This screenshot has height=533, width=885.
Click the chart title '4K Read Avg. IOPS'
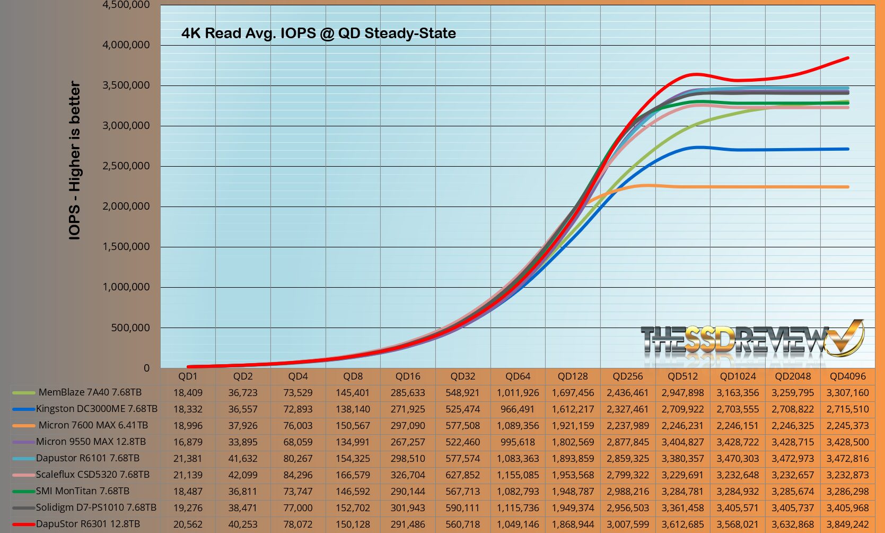pos(318,33)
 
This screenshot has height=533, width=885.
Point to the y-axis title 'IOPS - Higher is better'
pos(75,160)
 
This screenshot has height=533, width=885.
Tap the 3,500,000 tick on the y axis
pos(126,85)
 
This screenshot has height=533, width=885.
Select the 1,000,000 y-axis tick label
pos(126,287)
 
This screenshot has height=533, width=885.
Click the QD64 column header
pos(518,376)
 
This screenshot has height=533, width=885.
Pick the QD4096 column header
pos(847,376)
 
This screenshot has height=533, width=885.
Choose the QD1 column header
pos(188,376)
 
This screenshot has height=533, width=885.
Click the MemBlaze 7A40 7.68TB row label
pos(90,392)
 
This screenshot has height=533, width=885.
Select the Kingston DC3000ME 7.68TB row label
pos(97,409)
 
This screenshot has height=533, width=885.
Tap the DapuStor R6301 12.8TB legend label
pos(88,524)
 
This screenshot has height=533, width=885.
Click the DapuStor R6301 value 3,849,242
pos(847,524)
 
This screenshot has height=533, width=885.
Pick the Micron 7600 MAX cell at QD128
pos(573,425)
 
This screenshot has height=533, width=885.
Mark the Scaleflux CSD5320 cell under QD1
pos(188,475)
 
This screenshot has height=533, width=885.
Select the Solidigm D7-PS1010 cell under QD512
pos(682,508)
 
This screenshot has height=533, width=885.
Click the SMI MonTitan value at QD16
pos(408,491)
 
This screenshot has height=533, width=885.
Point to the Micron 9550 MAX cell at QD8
pos(353,442)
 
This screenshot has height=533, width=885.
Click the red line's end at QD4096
pos(847,58)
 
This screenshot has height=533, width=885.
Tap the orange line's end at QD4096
pos(847,187)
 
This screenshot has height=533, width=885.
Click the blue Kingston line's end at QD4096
pos(847,149)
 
